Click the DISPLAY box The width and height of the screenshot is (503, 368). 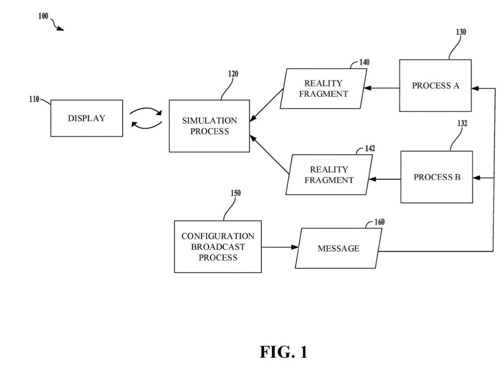[x=86, y=118]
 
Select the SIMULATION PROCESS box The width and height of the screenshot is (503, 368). [x=209, y=126]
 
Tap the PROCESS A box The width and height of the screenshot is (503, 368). [x=435, y=85]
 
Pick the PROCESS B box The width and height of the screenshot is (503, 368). [x=437, y=177]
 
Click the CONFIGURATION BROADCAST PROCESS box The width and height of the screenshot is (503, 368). [x=218, y=247]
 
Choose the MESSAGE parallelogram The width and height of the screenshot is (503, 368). [x=338, y=249]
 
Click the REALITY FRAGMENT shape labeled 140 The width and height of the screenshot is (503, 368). [x=323, y=88]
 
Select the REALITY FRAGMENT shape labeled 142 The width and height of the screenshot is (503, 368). [x=329, y=175]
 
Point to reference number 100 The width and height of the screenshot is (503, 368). [x=43, y=16]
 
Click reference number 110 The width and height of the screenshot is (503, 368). [x=34, y=99]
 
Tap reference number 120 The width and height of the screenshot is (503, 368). [x=233, y=74]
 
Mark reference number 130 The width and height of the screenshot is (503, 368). [x=461, y=32]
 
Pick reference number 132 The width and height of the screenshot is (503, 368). [x=462, y=123]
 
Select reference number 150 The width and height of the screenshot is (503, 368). [x=235, y=193]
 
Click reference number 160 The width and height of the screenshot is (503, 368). [x=379, y=222]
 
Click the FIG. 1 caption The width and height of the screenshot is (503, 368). [x=283, y=352]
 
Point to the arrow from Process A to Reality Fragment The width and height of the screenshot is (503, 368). [x=382, y=88]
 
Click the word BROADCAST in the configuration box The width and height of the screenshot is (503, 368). [x=218, y=247]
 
